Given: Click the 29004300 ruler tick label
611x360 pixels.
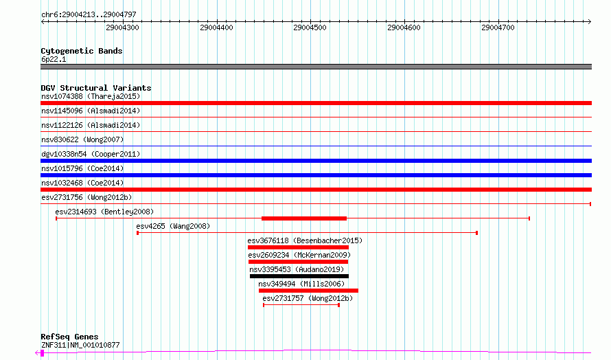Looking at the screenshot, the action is [x=122, y=27].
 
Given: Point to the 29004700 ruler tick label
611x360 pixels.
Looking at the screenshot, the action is [x=498, y=27].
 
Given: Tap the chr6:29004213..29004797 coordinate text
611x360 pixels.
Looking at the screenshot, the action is [x=89, y=15].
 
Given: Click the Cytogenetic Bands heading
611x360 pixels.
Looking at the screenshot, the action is [x=82, y=51].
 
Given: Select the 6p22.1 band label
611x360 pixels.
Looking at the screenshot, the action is [x=54, y=59].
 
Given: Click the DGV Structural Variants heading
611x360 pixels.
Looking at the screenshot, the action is [x=96, y=88].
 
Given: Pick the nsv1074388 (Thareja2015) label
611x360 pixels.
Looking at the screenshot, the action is [x=91, y=96].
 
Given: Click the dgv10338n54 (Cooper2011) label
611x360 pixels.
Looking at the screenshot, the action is [x=91, y=154].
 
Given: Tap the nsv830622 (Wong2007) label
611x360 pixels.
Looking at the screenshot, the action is [x=82, y=139].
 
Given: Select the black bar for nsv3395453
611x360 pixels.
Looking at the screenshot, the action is [x=299, y=276].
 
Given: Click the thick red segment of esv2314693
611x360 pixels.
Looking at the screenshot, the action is [x=304, y=218].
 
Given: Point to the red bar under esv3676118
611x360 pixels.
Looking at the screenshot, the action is [x=298, y=247].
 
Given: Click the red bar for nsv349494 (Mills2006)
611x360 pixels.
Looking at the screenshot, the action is [x=308, y=291].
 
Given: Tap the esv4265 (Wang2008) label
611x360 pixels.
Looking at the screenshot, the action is [x=173, y=226].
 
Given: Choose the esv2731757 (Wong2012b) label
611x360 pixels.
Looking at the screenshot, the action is [x=308, y=298].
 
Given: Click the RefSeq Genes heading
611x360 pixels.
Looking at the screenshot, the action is [x=69, y=337].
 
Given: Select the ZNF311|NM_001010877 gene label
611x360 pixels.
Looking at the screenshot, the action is [x=80, y=345].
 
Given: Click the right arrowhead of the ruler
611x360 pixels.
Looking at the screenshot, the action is [x=590, y=22].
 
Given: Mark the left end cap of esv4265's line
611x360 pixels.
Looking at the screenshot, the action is [x=137, y=233].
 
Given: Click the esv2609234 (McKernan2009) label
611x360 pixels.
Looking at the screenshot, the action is [x=299, y=255].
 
